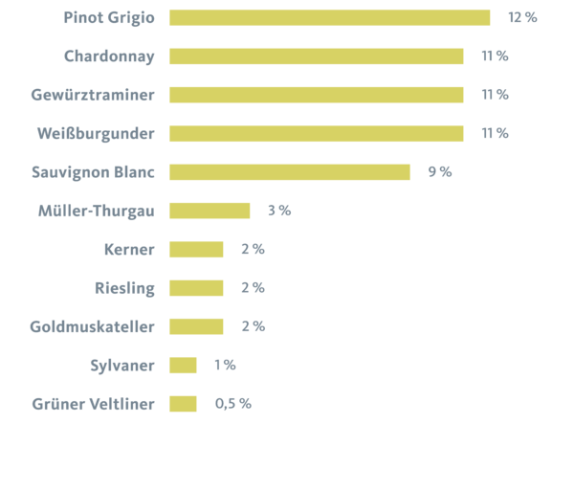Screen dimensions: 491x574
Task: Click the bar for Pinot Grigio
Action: pos(329,17)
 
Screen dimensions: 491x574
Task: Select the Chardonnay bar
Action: pos(316,56)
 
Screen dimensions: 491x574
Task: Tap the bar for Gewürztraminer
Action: pos(316,95)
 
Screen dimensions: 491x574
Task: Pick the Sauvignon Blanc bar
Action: pos(289,172)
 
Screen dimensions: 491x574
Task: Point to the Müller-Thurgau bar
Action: pos(210,211)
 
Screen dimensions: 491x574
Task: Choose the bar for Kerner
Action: pos(196,250)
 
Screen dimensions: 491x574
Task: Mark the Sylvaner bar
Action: pos(183,365)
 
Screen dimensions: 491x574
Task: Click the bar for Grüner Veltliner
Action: pos(183,404)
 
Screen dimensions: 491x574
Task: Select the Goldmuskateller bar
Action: pos(196,326)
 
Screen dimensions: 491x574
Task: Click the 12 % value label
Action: pos(522,17)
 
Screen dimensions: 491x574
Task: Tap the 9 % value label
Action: pos(439,172)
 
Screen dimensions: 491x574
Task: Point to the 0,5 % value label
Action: pos(232,404)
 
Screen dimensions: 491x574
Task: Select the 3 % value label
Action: pos(278,211)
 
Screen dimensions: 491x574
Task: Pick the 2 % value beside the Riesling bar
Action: pos(253,288)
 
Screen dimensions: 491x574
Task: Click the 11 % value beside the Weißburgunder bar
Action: pos(495,133)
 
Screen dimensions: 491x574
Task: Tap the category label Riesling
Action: pos(124,288)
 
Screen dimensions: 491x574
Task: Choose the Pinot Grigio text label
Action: pos(109,17)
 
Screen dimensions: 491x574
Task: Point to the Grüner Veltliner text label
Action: pos(93,404)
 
